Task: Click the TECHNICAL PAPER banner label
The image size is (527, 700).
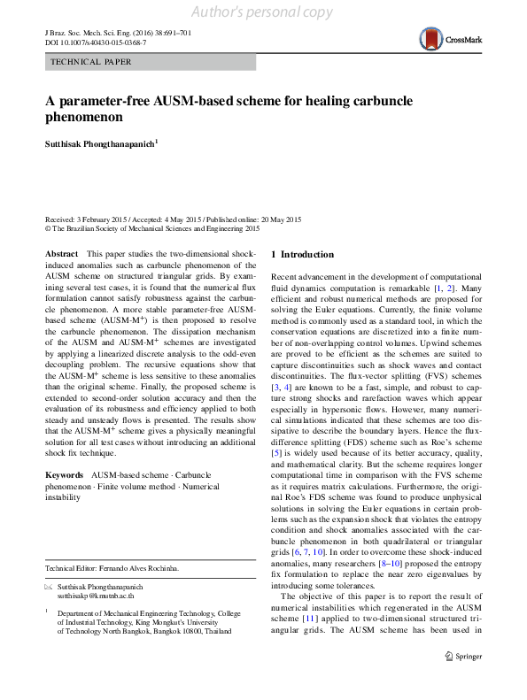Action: click(91, 62)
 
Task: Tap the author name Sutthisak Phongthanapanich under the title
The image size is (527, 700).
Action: click(100, 142)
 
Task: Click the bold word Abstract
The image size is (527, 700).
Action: click(61, 254)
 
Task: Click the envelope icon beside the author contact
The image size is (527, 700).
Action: click(49, 588)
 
